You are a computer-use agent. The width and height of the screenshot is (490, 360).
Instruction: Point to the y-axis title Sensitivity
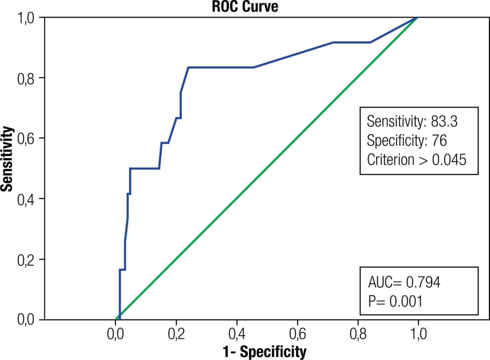tap(7, 159)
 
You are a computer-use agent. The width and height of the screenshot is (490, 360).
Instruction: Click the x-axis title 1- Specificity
tap(266, 352)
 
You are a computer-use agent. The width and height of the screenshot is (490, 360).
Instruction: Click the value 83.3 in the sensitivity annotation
tap(444, 121)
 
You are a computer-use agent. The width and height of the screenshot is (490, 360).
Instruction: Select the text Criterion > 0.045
tap(416, 160)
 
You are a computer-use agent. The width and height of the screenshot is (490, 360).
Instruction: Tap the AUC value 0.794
tap(423, 283)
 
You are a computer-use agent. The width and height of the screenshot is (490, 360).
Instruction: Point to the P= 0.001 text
tap(395, 301)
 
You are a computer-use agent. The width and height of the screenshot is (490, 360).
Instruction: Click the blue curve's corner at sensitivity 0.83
tap(188, 67)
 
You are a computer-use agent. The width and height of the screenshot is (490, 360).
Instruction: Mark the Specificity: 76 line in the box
tap(407, 141)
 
